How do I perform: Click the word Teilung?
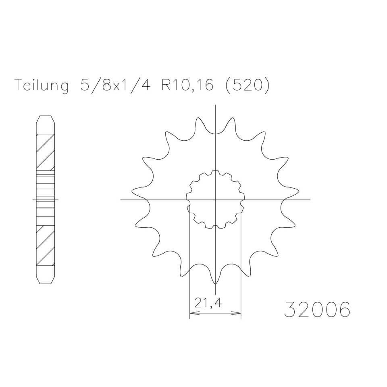coord(42,85)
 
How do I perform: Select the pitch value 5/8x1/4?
coord(115,85)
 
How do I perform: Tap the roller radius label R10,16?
coord(187,85)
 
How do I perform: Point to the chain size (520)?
coord(247,85)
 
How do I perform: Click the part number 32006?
coord(317,309)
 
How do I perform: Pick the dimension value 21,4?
coord(208,303)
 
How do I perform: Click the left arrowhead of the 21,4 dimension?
coord(194,313)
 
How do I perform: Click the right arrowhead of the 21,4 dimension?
coord(236,313)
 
